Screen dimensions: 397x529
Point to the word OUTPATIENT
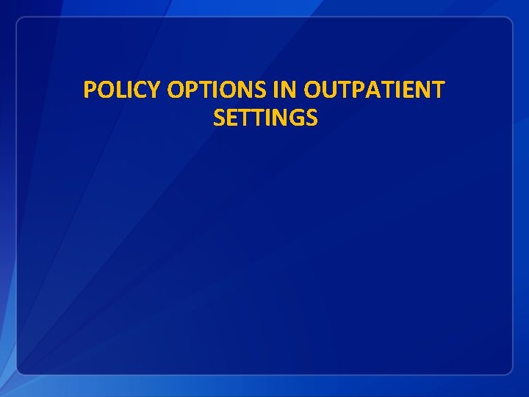tap(373, 90)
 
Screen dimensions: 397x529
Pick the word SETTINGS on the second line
tap(265, 118)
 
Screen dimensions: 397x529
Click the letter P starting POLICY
tap(90, 90)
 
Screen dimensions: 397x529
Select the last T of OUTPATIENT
tap(438, 90)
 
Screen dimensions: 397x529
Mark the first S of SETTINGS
tap(218, 118)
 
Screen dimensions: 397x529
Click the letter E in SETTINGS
tap(231, 118)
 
